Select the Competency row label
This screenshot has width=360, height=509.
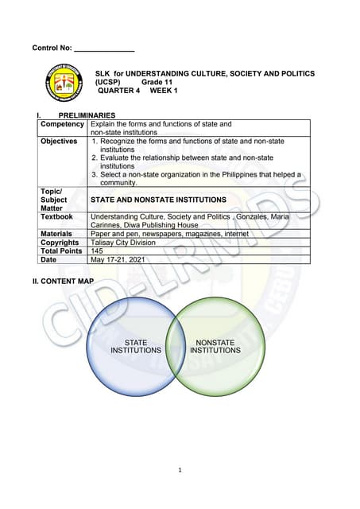click(x=62, y=125)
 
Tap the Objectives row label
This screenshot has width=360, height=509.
click(x=59, y=142)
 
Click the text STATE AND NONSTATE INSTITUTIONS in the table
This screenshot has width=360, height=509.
click(x=158, y=200)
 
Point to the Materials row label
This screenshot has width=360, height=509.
click(x=58, y=234)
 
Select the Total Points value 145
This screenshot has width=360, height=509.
click(x=98, y=251)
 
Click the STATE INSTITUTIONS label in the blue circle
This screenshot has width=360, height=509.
click(x=136, y=347)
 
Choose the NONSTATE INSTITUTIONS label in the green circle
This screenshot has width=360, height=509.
click(x=215, y=347)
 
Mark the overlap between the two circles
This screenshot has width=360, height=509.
click(x=176, y=347)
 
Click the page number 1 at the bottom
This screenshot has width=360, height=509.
click(x=180, y=469)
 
